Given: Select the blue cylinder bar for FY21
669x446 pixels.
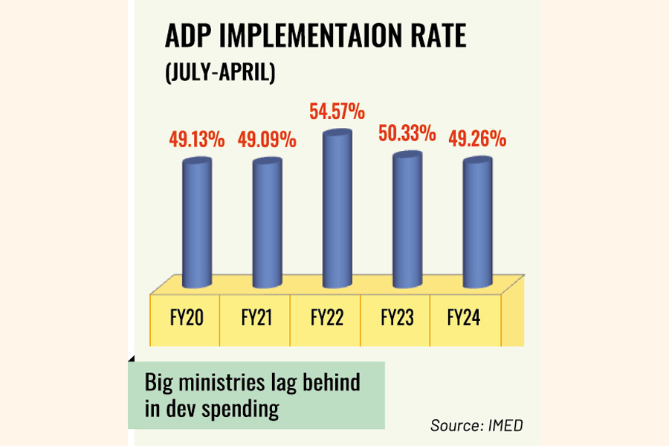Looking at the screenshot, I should point(267,223).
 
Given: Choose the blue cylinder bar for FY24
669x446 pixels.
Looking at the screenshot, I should point(477,223).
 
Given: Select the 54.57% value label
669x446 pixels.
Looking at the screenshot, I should point(336,112).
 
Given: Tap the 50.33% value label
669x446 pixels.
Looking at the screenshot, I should point(406,134).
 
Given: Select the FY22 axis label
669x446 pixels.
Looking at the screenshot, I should point(325,318).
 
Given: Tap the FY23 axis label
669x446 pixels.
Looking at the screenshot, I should point(396,318).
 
